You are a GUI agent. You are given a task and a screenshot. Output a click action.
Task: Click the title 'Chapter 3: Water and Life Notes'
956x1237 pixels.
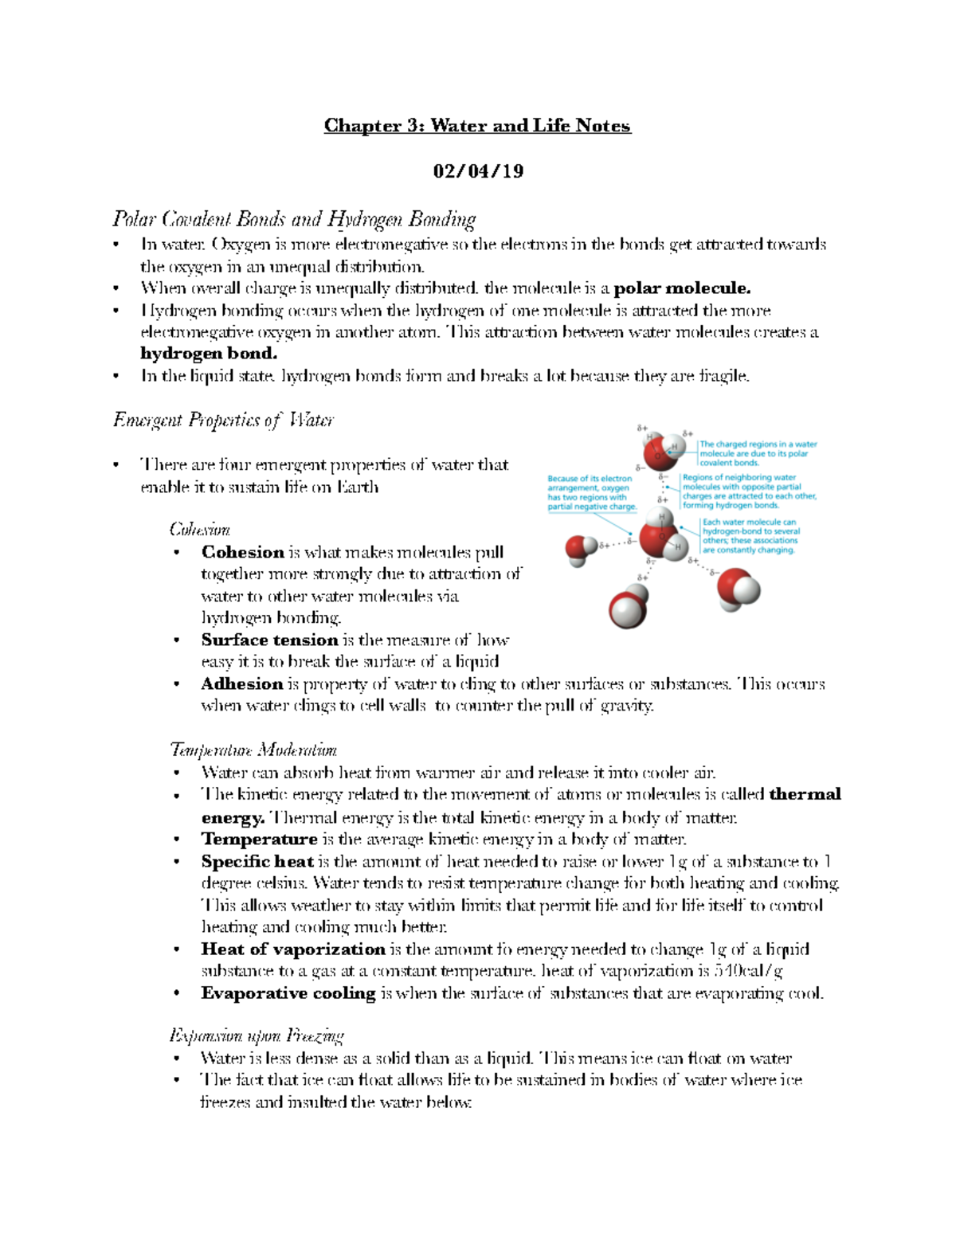click(x=476, y=126)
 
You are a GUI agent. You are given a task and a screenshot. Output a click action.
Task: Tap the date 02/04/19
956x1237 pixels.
click(x=478, y=171)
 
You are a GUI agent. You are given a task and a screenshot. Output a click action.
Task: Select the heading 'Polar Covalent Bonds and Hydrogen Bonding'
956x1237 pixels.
click(x=294, y=219)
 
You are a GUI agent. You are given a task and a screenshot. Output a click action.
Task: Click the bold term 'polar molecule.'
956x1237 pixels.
click(x=682, y=288)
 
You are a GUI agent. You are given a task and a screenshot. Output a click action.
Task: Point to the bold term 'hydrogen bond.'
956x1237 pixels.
click(x=209, y=354)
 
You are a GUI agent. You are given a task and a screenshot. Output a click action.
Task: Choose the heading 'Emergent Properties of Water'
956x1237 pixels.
click(x=223, y=420)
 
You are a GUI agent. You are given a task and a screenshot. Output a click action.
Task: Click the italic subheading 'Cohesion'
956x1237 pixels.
click(x=200, y=530)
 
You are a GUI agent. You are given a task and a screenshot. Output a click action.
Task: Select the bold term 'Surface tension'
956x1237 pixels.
click(x=269, y=640)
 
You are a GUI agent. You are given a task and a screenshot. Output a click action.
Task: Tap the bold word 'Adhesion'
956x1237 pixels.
click(x=242, y=684)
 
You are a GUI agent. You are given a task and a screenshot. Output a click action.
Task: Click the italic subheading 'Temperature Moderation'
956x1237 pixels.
click(x=253, y=750)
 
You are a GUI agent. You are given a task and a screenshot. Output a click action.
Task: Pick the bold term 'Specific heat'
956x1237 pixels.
click(x=257, y=862)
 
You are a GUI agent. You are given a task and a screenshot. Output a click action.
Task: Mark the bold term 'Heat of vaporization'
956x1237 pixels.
click(x=293, y=949)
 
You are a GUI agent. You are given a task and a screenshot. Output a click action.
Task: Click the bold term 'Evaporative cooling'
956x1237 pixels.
click(x=288, y=993)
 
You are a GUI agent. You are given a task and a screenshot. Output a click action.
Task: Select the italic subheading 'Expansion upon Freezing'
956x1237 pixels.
click(x=256, y=1036)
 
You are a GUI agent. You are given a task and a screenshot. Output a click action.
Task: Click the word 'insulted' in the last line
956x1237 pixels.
click(x=315, y=1102)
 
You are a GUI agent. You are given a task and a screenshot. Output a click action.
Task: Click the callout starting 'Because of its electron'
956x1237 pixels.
click(x=592, y=493)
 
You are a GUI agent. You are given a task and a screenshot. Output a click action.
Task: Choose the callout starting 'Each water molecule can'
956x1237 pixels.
click(x=750, y=536)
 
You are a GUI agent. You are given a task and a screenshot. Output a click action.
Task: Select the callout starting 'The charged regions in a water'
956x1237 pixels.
click(x=757, y=453)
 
